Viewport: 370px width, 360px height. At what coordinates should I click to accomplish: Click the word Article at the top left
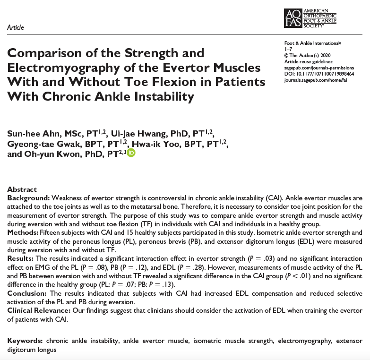pos(16,27)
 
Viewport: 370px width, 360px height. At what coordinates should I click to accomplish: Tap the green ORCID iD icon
pos(131,153)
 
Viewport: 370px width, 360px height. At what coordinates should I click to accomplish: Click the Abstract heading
pos(22,189)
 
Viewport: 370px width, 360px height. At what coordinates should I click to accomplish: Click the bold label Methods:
pos(23,233)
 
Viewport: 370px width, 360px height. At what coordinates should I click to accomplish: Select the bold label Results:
pos(20,258)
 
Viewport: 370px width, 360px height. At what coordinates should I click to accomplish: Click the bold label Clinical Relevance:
pos(38,310)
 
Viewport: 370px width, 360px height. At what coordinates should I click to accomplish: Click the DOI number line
pos(319,74)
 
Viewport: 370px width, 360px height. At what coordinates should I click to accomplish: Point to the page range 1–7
pos(288,49)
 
